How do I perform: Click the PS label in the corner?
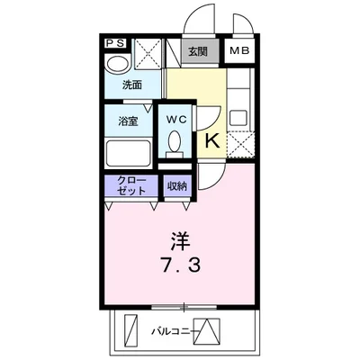(114, 43)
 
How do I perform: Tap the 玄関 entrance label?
(197, 51)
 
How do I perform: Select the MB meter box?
(239, 51)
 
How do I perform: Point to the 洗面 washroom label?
(132, 85)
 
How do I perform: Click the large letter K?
(213, 139)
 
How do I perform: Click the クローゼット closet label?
(131, 185)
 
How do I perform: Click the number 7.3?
(183, 267)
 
